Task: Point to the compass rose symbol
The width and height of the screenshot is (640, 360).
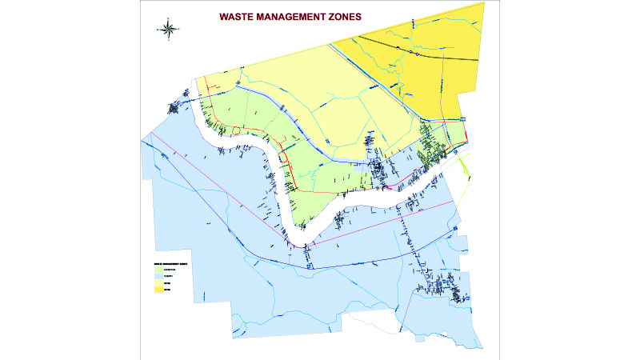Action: [168, 30]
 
